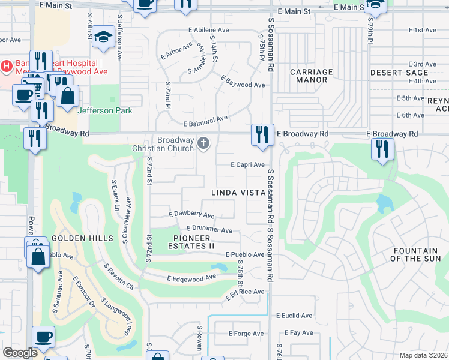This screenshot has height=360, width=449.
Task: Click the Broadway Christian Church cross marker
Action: (x=203, y=143)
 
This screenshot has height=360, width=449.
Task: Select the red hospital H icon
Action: (x=7, y=65)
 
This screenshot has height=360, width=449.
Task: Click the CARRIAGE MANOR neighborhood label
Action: (x=311, y=76)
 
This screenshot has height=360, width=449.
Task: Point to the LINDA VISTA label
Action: (x=238, y=193)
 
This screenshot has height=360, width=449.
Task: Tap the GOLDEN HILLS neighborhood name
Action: (x=82, y=238)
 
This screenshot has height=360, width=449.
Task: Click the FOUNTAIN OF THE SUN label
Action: (x=415, y=254)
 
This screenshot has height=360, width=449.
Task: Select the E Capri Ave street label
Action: (x=248, y=165)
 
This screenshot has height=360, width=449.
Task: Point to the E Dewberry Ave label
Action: (x=191, y=215)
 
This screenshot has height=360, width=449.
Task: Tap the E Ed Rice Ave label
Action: (x=245, y=294)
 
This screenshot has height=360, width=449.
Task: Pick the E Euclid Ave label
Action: (x=294, y=316)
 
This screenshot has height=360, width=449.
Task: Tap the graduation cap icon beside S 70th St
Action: (x=104, y=37)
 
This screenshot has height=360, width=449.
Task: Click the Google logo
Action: (x=20, y=353)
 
